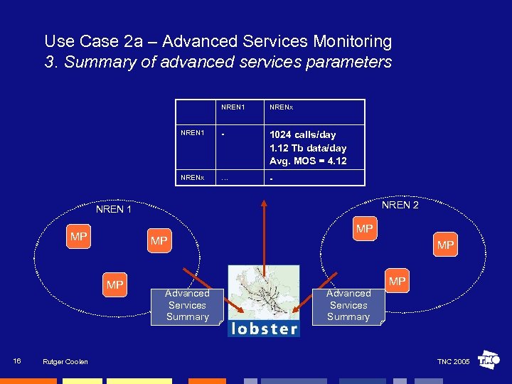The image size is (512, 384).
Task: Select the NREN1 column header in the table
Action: click(233, 107)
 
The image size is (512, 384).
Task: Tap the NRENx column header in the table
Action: click(282, 107)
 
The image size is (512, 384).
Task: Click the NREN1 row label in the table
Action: click(193, 132)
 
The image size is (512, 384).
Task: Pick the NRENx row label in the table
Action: click(193, 177)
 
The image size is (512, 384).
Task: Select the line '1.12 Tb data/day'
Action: click(308, 148)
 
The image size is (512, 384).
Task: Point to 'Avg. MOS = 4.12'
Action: click(308, 161)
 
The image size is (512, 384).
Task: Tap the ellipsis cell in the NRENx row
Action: click(225, 178)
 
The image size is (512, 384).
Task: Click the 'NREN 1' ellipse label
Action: click(114, 210)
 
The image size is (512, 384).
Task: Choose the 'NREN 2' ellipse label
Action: click(400, 206)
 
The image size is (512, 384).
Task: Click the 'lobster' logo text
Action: click(264, 329)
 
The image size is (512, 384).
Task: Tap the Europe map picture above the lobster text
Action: click(264, 293)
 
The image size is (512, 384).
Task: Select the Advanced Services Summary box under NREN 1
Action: click(187, 305)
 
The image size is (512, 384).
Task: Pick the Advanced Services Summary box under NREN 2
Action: click(348, 305)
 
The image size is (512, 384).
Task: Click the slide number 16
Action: click(17, 361)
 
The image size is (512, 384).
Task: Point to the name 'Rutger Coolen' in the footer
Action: click(65, 362)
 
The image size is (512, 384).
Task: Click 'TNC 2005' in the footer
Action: click(453, 362)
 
